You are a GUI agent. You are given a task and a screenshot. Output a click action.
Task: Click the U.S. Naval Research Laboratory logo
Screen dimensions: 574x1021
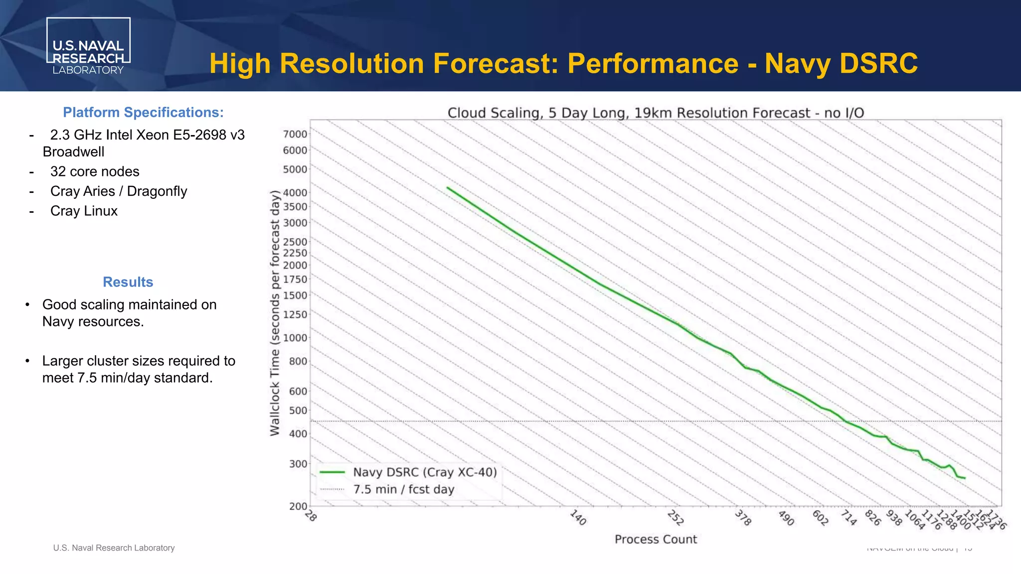point(88,46)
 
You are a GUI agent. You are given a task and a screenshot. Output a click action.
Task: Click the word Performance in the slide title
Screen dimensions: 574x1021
point(653,64)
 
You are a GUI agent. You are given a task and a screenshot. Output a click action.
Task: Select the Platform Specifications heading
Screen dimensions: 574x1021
point(143,113)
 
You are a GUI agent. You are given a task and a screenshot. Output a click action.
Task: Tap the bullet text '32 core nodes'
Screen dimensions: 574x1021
point(95,171)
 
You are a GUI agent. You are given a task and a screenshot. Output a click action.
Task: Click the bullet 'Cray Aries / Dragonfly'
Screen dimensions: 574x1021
point(119,191)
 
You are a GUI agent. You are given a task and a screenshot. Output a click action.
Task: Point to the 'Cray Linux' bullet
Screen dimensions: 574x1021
point(84,211)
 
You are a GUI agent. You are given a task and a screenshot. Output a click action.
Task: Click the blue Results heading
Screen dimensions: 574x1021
point(128,282)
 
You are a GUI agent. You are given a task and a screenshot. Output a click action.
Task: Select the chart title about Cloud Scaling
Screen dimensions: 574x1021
point(655,113)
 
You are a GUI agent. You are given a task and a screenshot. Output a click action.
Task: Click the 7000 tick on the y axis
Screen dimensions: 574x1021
point(295,134)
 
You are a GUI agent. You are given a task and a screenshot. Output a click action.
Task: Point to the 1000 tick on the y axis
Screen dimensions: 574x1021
point(295,338)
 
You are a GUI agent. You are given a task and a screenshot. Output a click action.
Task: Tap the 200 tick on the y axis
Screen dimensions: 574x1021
point(298,506)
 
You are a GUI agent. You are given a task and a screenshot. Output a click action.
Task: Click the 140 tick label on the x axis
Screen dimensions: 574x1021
point(578,518)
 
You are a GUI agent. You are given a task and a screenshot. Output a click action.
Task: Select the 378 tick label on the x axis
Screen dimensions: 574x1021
point(743,518)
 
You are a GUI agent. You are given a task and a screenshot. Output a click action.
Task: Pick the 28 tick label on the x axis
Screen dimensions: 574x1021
point(311,516)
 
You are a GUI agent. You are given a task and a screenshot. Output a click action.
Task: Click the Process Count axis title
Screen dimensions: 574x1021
point(655,540)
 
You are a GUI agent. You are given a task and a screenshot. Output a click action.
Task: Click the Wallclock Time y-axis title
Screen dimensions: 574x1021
point(275,313)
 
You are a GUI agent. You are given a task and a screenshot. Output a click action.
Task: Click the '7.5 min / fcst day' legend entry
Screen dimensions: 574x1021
point(403,490)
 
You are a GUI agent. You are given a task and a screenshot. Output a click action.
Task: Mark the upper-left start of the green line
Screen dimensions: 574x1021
point(448,188)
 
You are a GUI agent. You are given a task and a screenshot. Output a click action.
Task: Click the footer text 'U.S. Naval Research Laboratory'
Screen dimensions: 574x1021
point(114,548)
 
